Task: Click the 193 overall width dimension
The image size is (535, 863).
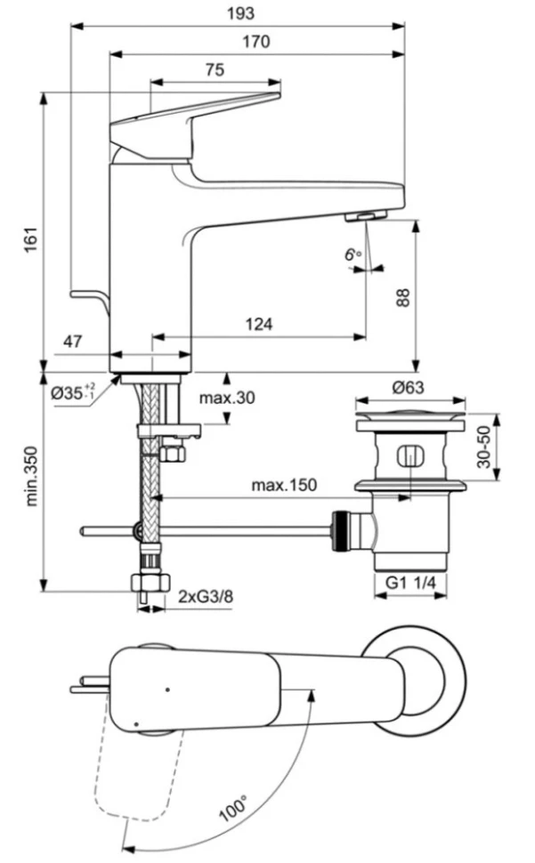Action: [x=241, y=13]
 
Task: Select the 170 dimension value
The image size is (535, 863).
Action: [x=255, y=41]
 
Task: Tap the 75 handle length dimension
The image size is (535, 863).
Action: [x=214, y=70]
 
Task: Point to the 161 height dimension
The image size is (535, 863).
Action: [x=29, y=238]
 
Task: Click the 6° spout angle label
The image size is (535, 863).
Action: [x=353, y=254]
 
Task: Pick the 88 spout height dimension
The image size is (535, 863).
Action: [x=402, y=296]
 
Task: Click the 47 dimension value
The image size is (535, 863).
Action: [x=74, y=342]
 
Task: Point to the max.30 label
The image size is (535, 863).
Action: [x=226, y=398]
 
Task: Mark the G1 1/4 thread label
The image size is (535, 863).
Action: [x=409, y=584]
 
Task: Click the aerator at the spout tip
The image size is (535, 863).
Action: [x=365, y=216]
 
